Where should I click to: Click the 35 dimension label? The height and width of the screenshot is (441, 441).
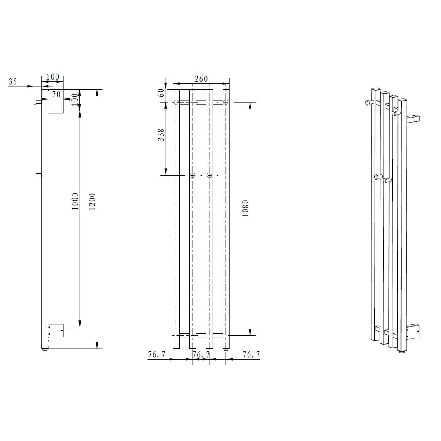pyautogui.click(x=13, y=81)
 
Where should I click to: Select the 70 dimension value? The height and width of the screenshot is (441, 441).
pyautogui.click(x=56, y=94)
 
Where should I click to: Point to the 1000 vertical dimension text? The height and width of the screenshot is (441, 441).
pyautogui.click(x=76, y=201)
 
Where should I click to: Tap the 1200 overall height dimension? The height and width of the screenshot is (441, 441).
pyautogui.click(x=92, y=202)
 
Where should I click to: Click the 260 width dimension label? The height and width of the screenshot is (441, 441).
pyautogui.click(x=201, y=79)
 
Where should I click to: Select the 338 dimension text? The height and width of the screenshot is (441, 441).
pyautogui.click(x=161, y=135)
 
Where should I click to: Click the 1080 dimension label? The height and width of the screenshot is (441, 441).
pyautogui.click(x=245, y=208)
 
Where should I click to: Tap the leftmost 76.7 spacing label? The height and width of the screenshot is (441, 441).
pyautogui.click(x=157, y=355)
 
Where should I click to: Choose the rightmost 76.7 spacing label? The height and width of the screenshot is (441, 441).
pyautogui.click(x=251, y=355)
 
